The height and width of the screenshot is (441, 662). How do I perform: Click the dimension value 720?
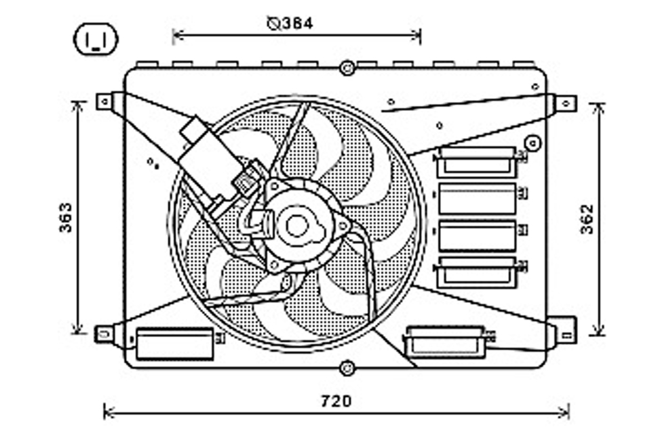click(336, 401)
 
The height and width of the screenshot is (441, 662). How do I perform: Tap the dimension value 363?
click(66, 218)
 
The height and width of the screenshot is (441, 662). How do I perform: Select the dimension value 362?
click(587, 220)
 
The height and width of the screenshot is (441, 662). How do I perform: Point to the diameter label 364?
click(291, 24)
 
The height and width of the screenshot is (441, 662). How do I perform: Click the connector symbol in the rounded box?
click(96, 39)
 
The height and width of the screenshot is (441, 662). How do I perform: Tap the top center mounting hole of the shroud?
click(347, 68)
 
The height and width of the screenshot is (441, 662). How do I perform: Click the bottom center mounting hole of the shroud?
click(347, 368)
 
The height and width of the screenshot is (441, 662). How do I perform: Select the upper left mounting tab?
click(105, 101)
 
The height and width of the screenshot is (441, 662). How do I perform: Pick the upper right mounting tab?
click(566, 103)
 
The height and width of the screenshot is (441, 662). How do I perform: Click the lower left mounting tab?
click(104, 334)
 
